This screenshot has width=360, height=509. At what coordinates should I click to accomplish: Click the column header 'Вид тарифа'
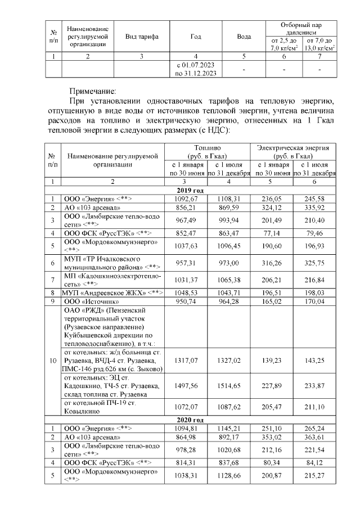(142, 37)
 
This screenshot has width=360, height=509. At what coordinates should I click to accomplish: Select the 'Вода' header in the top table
(244, 37)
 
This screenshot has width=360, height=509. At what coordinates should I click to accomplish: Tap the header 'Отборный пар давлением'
(301, 29)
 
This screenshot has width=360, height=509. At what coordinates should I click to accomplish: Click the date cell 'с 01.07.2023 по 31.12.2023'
(196, 69)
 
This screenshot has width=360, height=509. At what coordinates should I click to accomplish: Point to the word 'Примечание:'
(92, 90)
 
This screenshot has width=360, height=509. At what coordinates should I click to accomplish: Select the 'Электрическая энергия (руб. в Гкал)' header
(292, 151)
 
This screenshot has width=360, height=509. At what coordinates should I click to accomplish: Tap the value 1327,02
(228, 359)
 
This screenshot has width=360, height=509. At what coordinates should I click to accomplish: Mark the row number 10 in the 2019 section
(52, 359)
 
